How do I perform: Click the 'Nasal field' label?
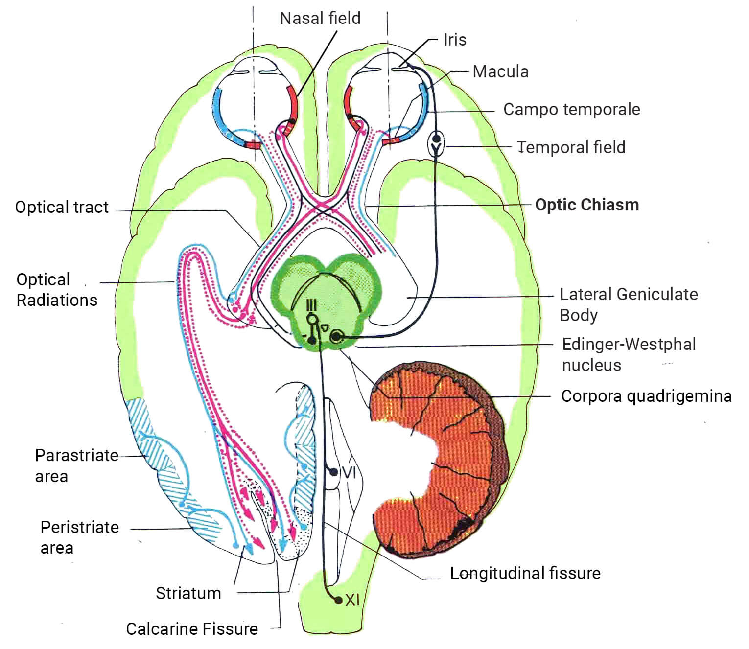(320, 18)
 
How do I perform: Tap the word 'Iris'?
(455, 40)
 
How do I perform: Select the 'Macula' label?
(500, 72)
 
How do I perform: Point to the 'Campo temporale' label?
(571, 109)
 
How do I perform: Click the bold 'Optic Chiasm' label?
(587, 205)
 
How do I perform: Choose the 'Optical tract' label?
(62, 207)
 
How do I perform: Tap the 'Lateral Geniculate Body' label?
(629, 304)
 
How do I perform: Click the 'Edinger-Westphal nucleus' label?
(629, 354)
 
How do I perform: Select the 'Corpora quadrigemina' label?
(646, 396)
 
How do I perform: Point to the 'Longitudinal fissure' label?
(525, 573)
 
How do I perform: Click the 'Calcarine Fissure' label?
(192, 629)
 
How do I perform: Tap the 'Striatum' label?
(188, 593)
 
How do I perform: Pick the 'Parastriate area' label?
(76, 465)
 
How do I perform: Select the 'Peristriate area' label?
(79, 537)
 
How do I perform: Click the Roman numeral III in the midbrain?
(311, 306)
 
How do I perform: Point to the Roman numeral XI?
(352, 600)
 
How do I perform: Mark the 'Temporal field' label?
(571, 147)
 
